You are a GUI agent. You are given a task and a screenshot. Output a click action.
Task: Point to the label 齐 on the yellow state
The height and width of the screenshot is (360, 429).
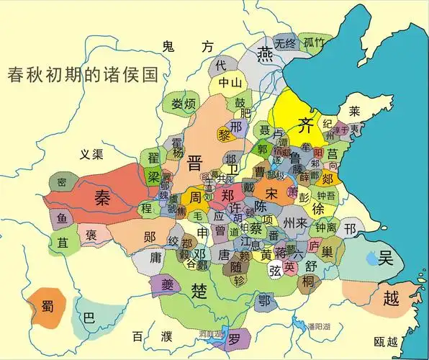(307, 122)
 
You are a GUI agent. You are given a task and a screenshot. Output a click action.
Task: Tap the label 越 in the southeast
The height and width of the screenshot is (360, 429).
(391, 299)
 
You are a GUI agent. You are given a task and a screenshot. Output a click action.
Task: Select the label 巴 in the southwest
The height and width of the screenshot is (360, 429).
(89, 318)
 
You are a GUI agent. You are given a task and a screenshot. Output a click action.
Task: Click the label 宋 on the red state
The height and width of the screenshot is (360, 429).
(271, 194)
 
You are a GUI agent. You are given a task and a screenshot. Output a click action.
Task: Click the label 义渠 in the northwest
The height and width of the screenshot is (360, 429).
(92, 154)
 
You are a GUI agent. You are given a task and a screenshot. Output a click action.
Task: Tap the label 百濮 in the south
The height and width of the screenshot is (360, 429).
(152, 336)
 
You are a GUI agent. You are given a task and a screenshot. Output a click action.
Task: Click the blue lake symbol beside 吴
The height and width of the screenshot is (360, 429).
(370, 256)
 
